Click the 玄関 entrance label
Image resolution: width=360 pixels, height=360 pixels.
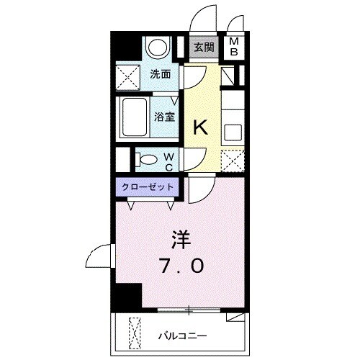(204, 48)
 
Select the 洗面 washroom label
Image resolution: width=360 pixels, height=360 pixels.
(160, 73)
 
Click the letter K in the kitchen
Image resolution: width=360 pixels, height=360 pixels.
(202, 128)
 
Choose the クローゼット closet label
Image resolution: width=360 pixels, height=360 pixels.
(147, 186)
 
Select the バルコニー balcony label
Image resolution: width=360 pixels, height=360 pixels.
(183, 336)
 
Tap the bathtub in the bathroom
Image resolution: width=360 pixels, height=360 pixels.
(133, 114)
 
